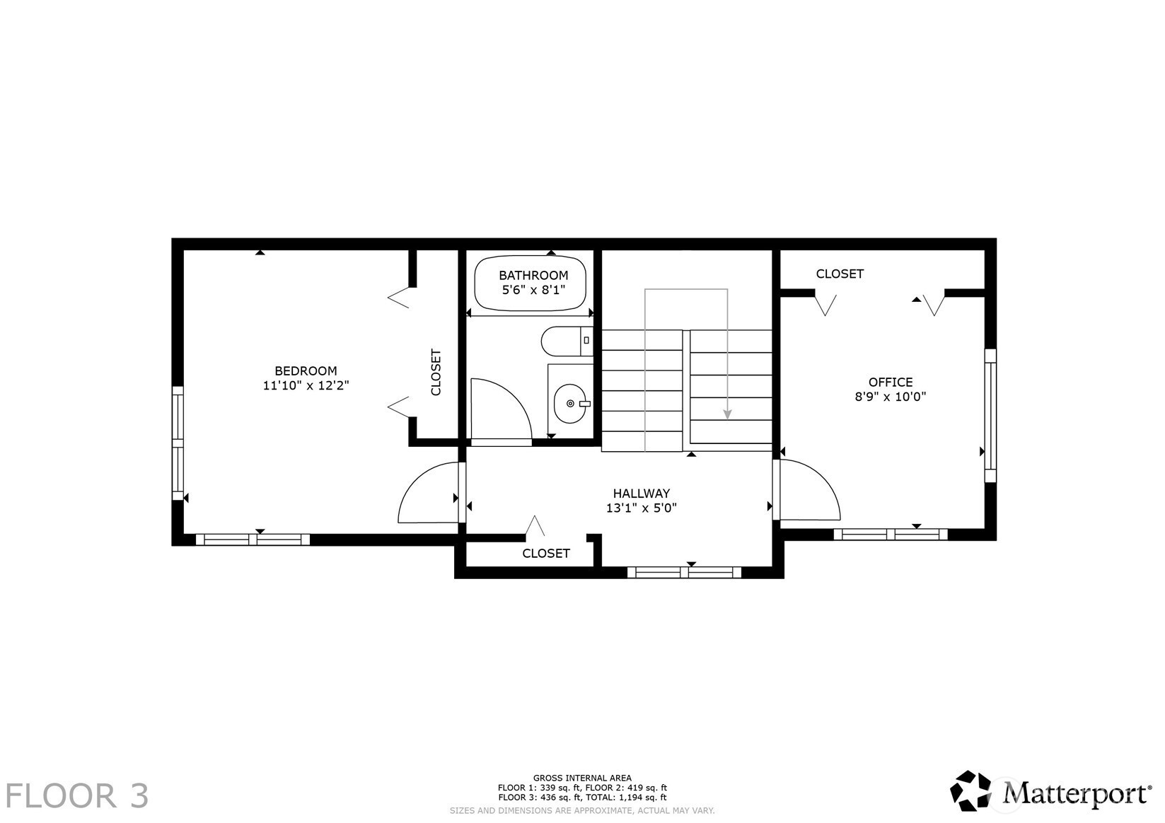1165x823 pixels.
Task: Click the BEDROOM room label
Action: pos(306,370)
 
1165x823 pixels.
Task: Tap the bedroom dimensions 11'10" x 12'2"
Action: pos(306,386)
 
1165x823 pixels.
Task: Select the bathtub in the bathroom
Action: pos(530,284)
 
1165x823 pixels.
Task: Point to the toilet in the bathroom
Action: pos(567,341)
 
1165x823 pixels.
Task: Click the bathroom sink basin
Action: pos(571,404)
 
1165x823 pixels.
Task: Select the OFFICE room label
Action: pos(891,382)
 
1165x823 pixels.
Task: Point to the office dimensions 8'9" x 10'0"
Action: pos(891,397)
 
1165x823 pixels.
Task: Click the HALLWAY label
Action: pos(642,494)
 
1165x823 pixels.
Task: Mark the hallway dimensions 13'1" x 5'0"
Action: pos(642,508)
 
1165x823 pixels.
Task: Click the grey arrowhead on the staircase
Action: pos(728,414)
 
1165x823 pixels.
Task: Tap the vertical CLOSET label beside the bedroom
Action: pos(436,372)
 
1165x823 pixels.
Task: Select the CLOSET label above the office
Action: pos(840,274)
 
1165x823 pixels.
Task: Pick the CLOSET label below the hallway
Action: pos(546,554)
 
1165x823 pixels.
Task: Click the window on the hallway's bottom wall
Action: pos(685,573)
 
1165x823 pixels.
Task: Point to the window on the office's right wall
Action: pos(990,416)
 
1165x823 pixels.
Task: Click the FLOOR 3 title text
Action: pos(77,796)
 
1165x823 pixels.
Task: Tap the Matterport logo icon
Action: pos(970,791)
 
